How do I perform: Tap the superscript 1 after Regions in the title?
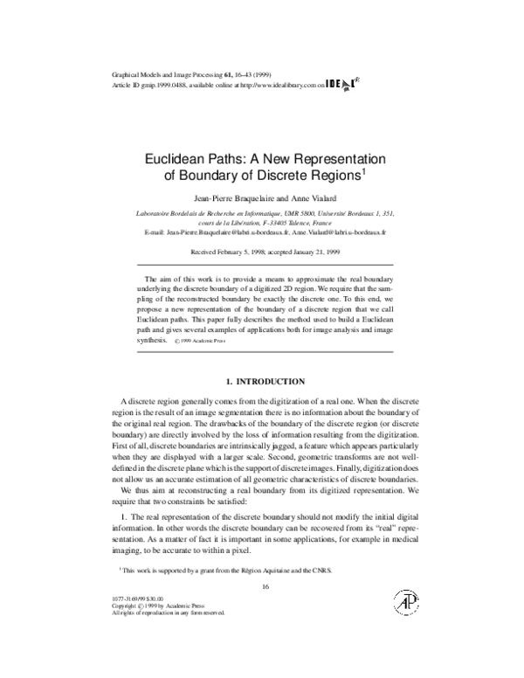tap(363, 171)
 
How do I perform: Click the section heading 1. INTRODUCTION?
tap(265, 381)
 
